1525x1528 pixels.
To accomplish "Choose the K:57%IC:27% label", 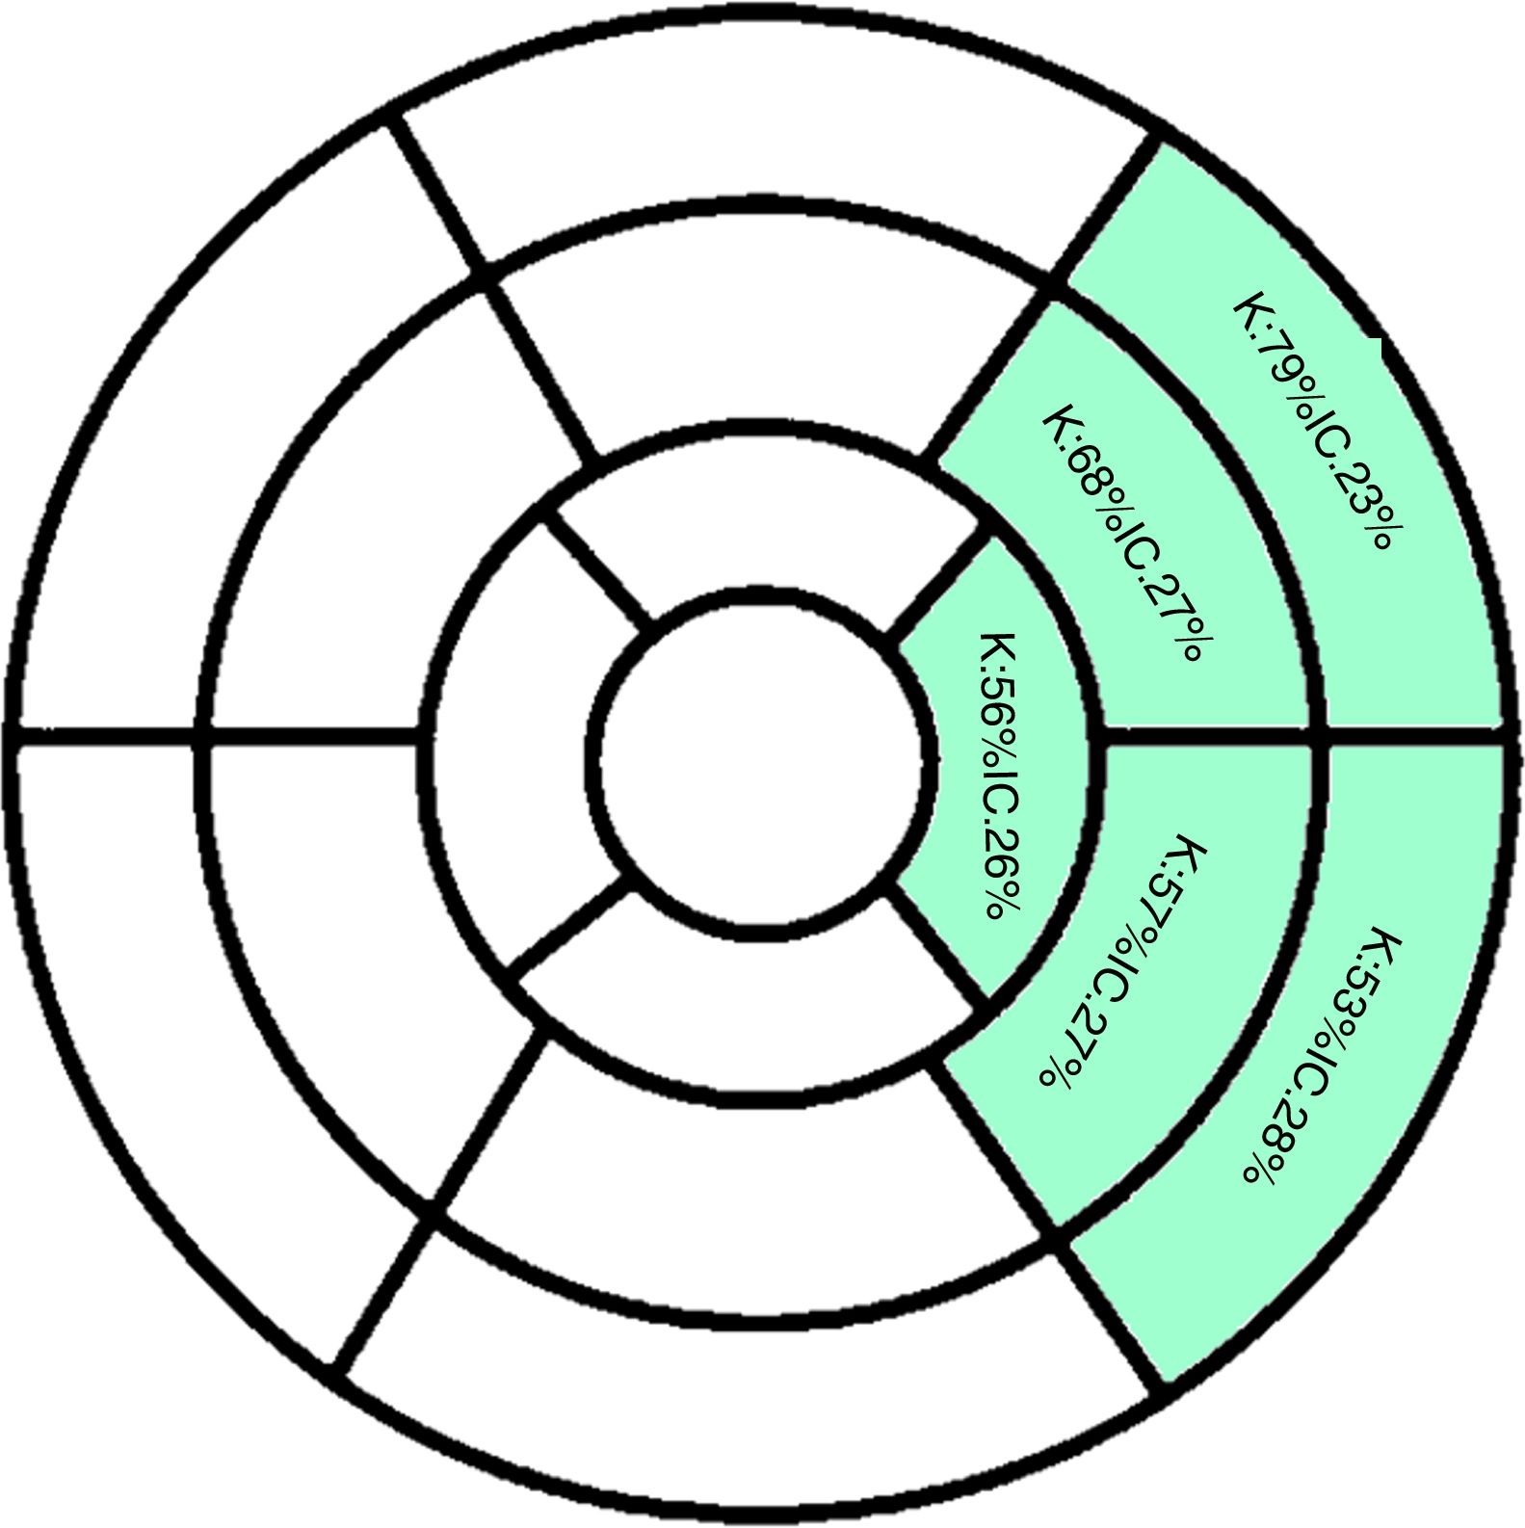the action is tap(1123, 963).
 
